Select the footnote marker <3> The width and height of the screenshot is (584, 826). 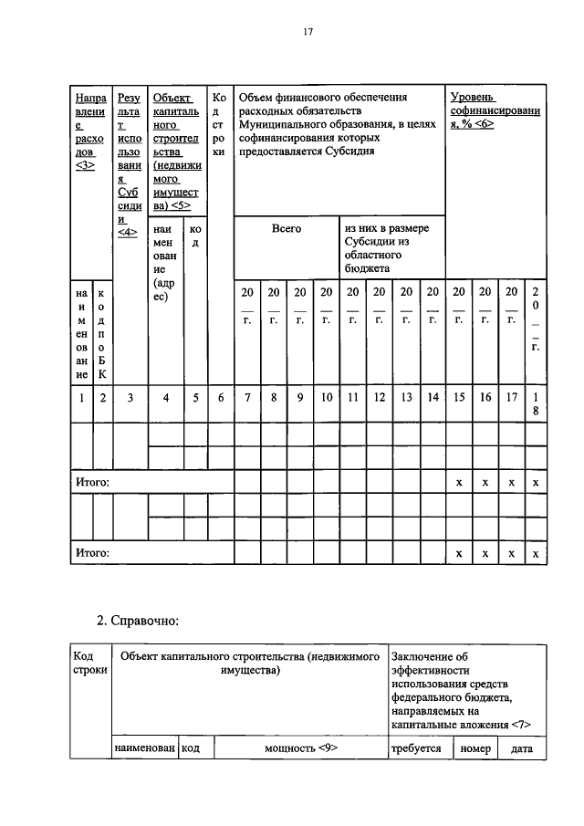[x=87, y=166]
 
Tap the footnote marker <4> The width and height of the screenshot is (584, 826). [x=128, y=232]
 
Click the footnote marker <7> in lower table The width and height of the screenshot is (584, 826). [x=520, y=725]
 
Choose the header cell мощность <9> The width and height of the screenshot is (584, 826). [x=301, y=748]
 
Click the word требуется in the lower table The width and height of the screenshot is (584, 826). [x=416, y=748]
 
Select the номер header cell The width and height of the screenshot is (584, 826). [x=475, y=748]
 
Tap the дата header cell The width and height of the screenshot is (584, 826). [x=521, y=748]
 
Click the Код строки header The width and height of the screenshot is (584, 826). [x=89, y=664]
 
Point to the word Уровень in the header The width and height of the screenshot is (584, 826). [x=473, y=97]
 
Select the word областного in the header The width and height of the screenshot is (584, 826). [x=373, y=256]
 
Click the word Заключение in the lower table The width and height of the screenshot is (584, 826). [x=424, y=656]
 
